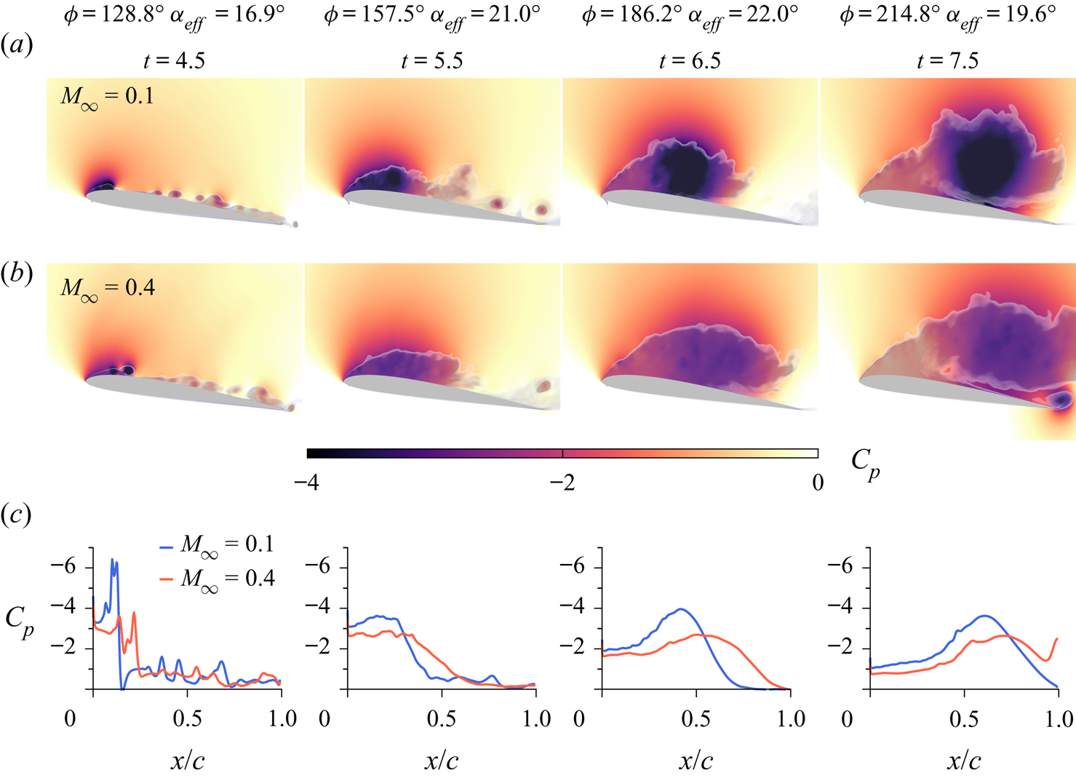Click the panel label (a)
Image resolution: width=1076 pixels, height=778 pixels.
click(17, 46)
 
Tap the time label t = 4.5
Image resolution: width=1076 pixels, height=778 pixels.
click(174, 60)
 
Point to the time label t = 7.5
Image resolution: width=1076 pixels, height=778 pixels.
click(948, 60)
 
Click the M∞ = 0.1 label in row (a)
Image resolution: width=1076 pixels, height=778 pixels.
click(107, 98)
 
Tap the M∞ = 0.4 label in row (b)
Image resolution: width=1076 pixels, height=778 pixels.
click(107, 289)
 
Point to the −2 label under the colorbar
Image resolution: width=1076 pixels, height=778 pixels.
click(562, 483)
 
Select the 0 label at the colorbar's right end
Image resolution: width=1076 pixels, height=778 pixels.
click(818, 483)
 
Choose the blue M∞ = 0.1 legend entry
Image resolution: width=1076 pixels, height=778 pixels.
click(217, 545)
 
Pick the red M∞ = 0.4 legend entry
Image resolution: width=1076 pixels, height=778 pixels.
click(217, 579)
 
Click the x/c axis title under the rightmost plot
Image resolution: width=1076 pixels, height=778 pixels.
click(964, 761)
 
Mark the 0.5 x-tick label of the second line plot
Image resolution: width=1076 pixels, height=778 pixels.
click(442, 719)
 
